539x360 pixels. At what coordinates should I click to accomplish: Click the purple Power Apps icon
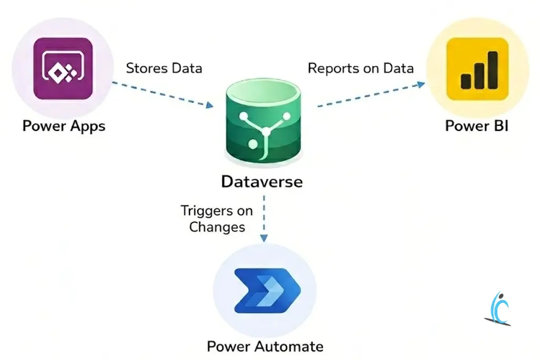point(63,68)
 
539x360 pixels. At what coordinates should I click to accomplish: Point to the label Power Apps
point(64,126)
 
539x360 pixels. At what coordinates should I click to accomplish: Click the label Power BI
point(476,126)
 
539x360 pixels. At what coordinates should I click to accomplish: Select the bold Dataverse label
point(262,182)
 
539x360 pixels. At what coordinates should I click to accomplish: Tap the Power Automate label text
point(265,346)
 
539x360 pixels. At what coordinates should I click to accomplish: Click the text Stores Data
point(164,68)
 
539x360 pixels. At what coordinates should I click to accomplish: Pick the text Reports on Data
point(361,68)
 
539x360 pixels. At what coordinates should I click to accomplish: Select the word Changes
point(217,228)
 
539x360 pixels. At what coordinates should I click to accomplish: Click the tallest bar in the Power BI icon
point(492,69)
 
